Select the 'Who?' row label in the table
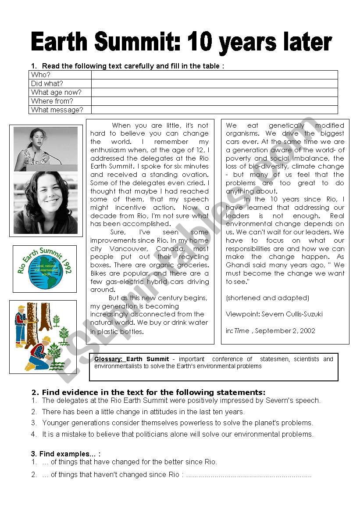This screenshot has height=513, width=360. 41,75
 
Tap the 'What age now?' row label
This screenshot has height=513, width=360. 56,93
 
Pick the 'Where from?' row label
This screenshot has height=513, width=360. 52,101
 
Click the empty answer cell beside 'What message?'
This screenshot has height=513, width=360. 214,110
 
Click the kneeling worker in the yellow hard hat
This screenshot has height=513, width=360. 39,353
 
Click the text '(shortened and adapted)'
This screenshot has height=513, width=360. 267,298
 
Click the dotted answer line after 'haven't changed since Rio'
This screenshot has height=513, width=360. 248,475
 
